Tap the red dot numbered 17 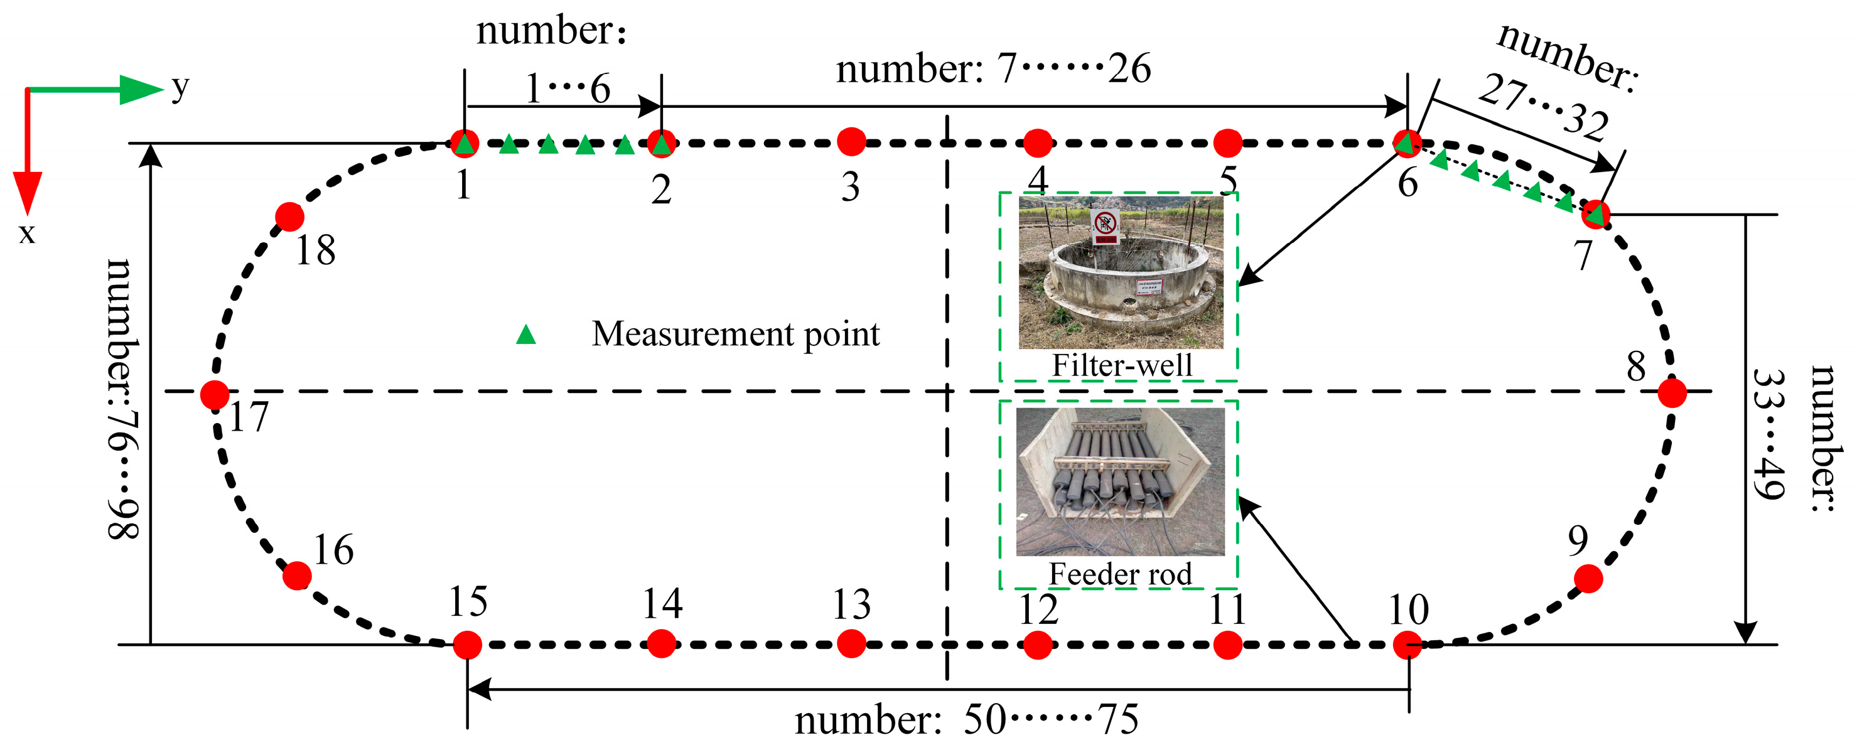pos(214,394)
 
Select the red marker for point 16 pos(297,576)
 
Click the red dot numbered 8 pos(1672,393)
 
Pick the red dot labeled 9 pos(1588,578)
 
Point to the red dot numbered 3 pos(851,142)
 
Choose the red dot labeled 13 pos(851,644)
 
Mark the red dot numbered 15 pos(467,645)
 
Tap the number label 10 pos(1408,610)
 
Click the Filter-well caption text pos(1122,365)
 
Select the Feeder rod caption pos(1119,574)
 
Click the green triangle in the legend pos(526,335)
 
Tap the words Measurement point pos(735,334)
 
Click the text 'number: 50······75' pos(967,719)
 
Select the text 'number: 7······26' pos(993,69)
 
